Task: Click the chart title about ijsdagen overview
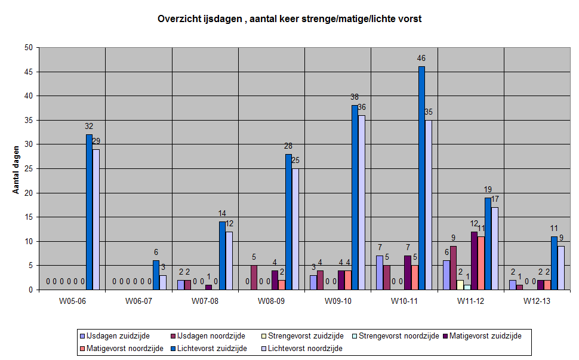pos(289,19)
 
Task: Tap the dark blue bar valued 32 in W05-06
pos(89,212)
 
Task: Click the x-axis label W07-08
pos(205,301)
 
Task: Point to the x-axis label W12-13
pos(537,301)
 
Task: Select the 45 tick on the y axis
pos(29,72)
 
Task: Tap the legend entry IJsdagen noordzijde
pos(208,336)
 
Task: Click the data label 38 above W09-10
pos(355,97)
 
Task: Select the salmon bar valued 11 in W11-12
pos(481,263)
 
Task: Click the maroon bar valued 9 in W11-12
pos(453,267)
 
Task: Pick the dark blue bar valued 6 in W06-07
pos(156,275)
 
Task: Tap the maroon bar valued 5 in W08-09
pos(254,277)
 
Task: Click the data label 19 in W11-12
pos(488,189)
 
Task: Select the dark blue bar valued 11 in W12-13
pos(554,263)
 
